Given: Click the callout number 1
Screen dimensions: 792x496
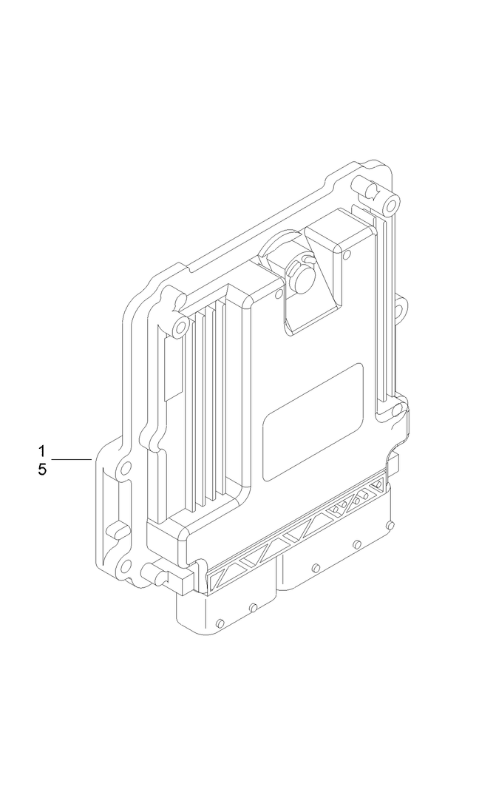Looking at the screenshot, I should pos(42,450).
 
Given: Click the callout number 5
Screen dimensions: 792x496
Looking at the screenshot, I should pos(42,470).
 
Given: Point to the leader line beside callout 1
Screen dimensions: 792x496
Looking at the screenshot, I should pos(72,460).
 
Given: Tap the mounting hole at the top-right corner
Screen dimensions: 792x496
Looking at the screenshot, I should pos(393,200).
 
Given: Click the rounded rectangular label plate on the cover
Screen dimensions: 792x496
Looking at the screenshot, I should pos(314,422).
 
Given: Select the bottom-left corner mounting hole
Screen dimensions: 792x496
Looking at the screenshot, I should pos(126,567).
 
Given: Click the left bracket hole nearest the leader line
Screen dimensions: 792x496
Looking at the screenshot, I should pos(126,467).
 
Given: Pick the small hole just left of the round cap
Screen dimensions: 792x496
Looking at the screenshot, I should pos(278,295).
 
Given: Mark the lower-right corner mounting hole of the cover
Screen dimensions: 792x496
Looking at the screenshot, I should pos(396,409).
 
